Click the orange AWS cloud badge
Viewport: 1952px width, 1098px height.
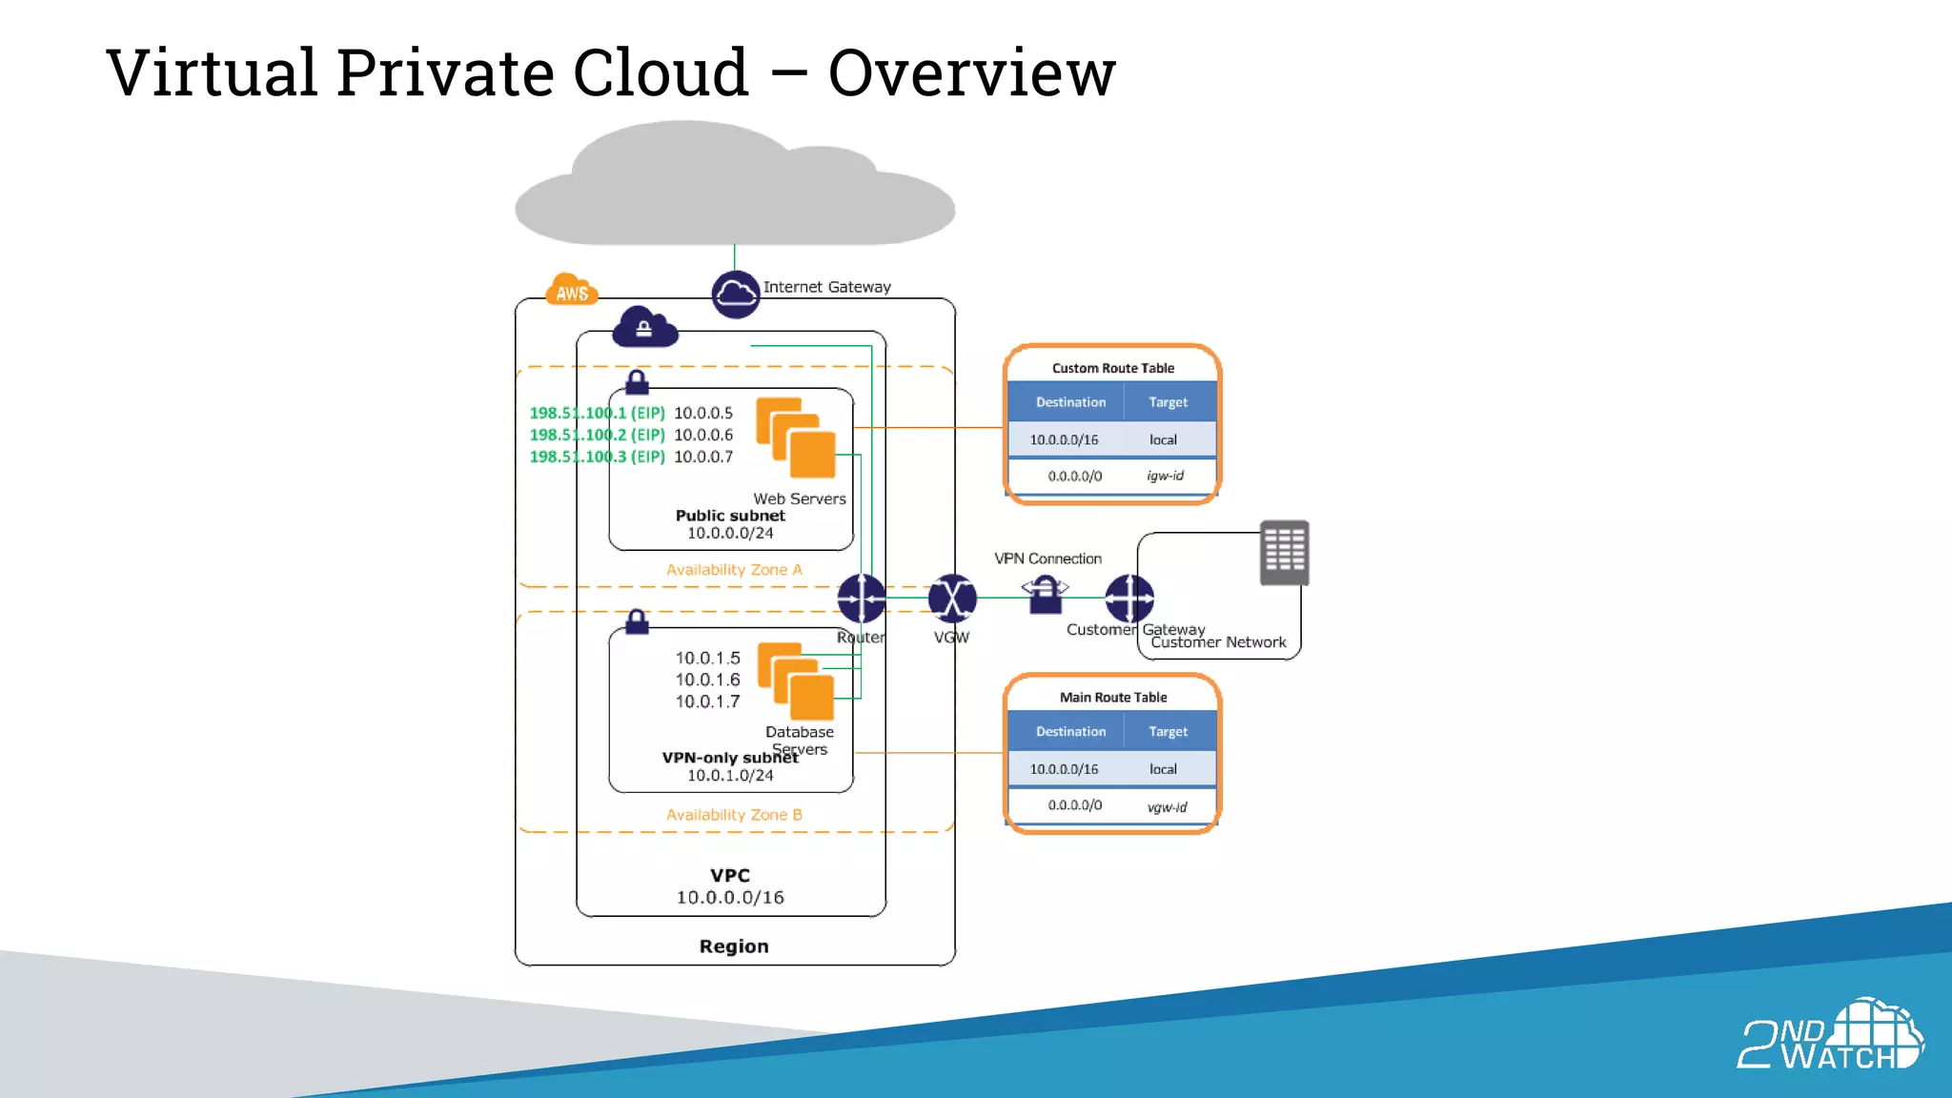(571, 291)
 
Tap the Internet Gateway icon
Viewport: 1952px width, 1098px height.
(736, 294)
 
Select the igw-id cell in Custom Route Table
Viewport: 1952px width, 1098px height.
(1165, 476)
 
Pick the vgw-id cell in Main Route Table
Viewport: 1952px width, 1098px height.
(1167, 806)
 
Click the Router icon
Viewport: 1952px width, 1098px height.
(862, 599)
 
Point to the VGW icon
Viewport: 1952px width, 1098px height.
(952, 599)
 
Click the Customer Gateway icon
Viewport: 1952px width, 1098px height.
(1129, 599)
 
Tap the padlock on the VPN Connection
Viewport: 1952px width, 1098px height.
(1046, 597)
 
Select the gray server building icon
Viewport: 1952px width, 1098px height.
(1284, 553)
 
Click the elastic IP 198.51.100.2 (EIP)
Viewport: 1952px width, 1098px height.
(597, 435)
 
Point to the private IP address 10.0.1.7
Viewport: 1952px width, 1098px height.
(707, 701)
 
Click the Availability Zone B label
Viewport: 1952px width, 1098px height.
(734, 815)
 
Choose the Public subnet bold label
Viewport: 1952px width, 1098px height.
(730, 516)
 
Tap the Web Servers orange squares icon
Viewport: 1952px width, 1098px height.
(796, 437)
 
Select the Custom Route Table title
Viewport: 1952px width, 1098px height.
(1112, 368)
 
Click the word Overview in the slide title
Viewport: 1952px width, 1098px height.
(971, 73)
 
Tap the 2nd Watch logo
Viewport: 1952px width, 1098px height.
(1830, 1036)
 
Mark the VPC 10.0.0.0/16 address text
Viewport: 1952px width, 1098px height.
(730, 898)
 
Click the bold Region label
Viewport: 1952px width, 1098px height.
(734, 946)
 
